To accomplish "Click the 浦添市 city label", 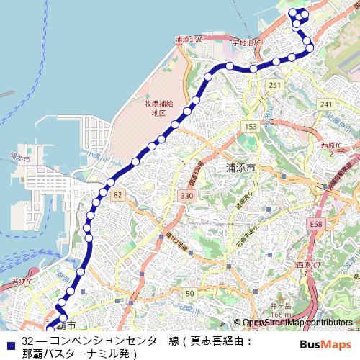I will point(241,167).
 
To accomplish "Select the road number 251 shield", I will point(274,86).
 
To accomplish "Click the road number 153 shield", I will point(251,127).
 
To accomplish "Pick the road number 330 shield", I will point(188,196).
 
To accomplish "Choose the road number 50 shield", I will point(189,293).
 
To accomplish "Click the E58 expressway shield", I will point(316,225).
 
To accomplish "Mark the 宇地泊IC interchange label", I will point(246,43).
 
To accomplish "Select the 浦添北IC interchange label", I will point(188,37).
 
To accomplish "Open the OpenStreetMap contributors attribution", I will point(297,323).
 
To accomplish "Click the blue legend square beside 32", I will point(9,341).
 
